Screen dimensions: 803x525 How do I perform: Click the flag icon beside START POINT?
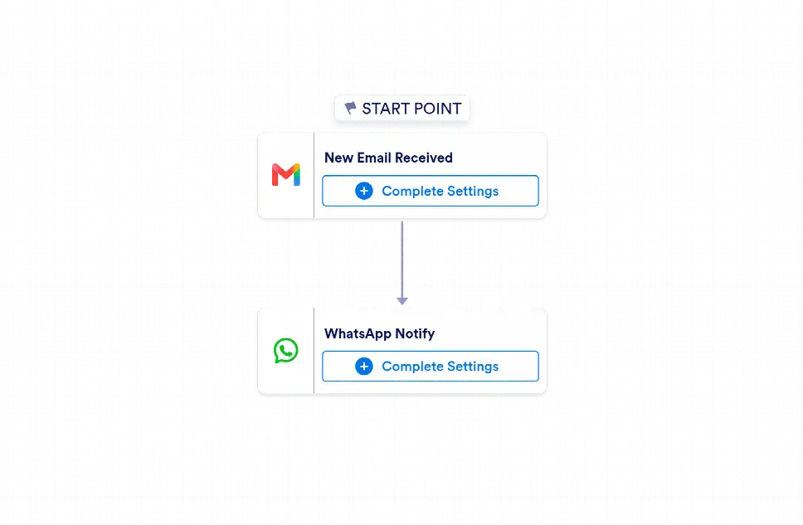coord(350,108)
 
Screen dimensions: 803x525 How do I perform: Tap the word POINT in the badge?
coord(437,109)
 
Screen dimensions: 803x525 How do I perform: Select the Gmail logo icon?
coord(285,175)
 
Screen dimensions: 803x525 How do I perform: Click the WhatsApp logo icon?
coord(285,350)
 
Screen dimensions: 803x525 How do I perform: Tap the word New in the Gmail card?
coord(339,158)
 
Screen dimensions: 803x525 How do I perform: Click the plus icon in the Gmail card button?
coord(364,191)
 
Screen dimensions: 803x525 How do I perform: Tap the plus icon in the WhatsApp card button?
coord(364,367)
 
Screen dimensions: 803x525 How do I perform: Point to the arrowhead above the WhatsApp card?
coord(402,301)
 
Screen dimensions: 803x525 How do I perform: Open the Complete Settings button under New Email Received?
coord(431,191)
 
